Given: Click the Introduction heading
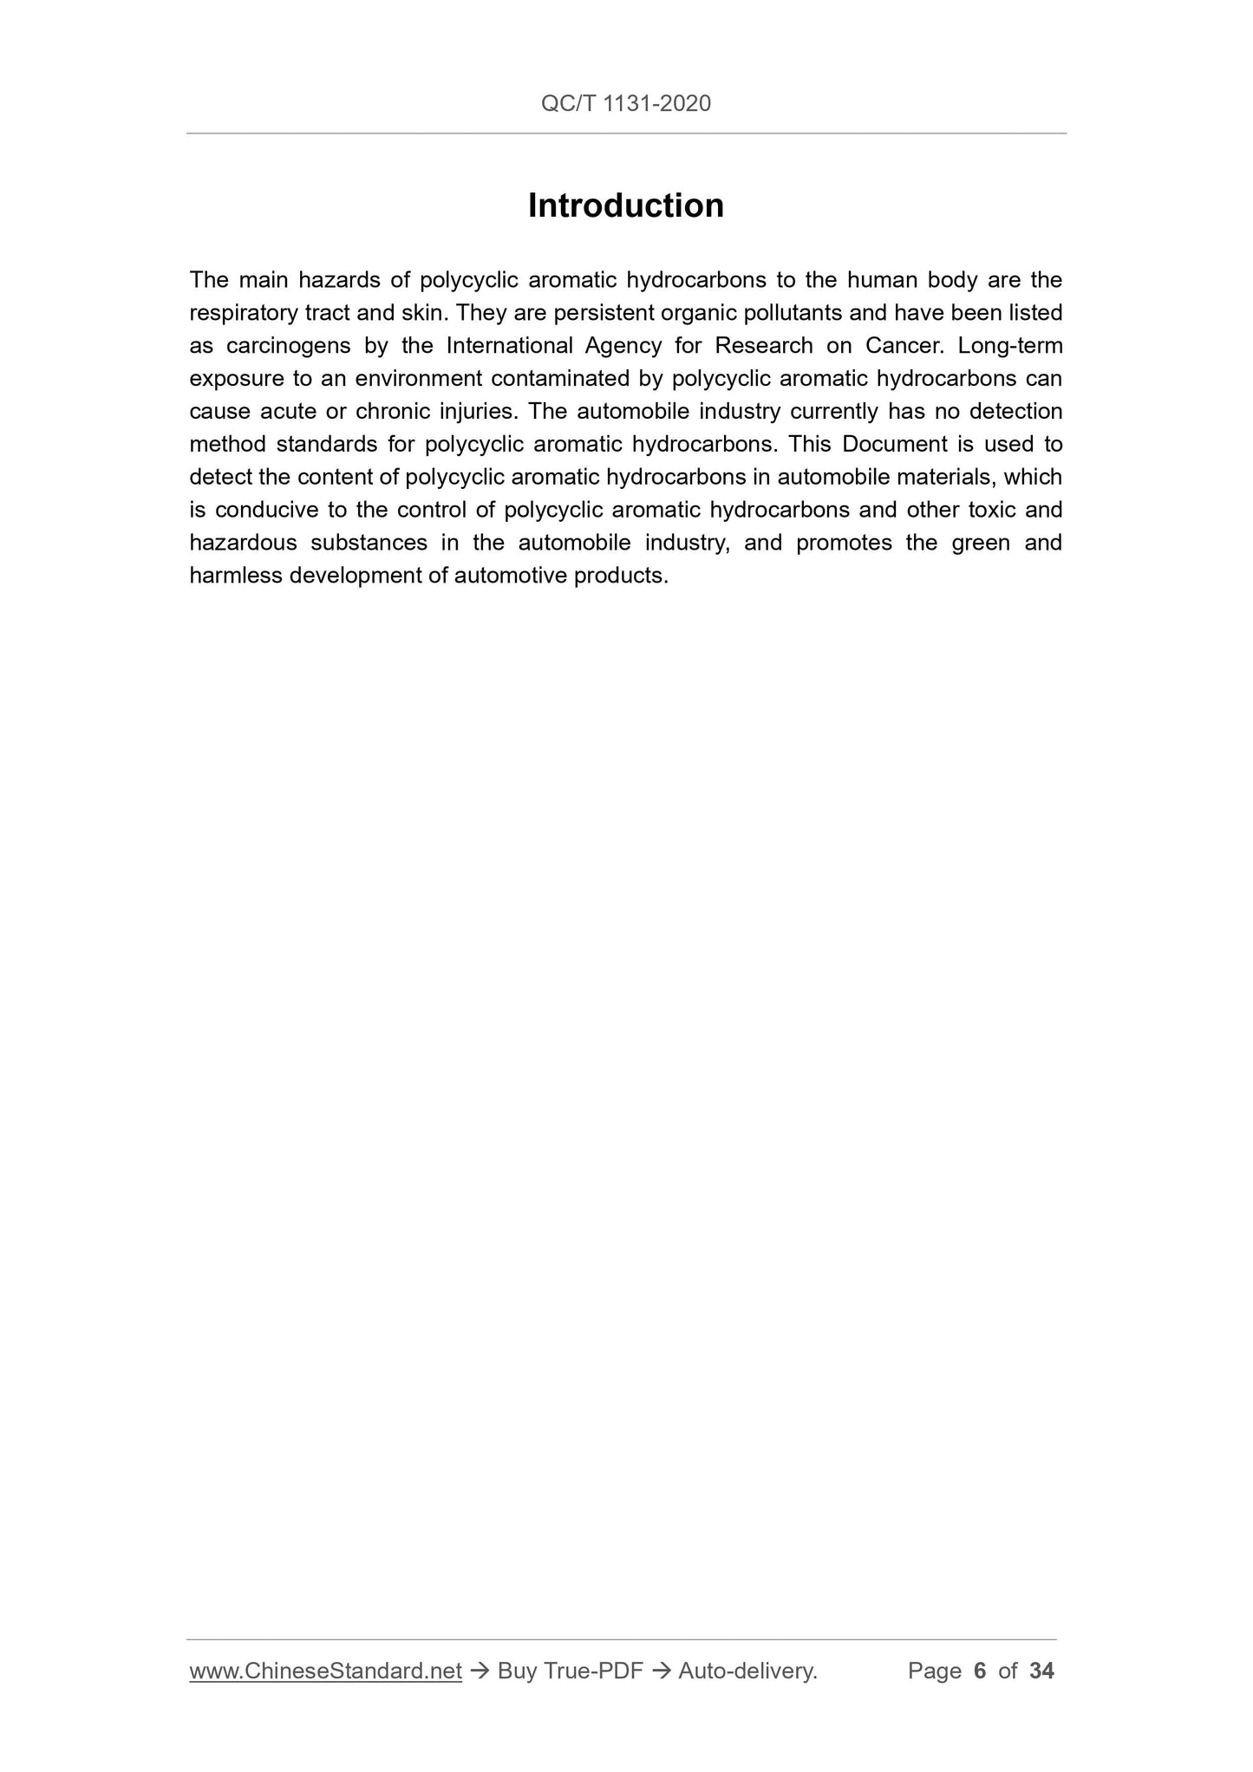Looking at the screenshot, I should [625, 206].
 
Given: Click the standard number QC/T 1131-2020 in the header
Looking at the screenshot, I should [625, 104].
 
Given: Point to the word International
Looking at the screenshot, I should [510, 346].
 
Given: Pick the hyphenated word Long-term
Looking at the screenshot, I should [1010, 346].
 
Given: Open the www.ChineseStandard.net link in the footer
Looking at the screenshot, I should [325, 1671].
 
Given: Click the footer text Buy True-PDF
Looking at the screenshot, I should [570, 1671].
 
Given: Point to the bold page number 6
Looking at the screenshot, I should [980, 1671].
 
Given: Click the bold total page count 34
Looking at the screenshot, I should [1041, 1671].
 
